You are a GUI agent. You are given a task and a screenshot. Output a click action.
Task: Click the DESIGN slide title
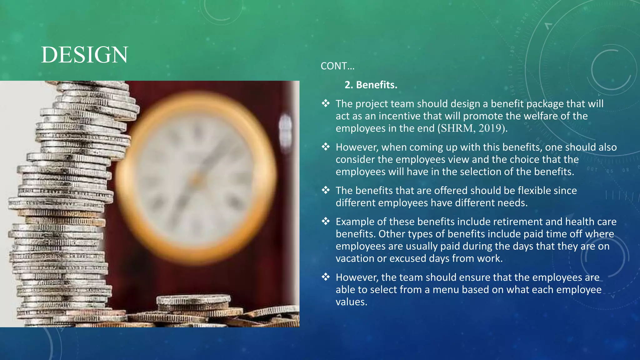point(84,55)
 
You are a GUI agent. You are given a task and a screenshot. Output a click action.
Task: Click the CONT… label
point(337,66)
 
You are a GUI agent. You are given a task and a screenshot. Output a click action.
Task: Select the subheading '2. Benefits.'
point(371,85)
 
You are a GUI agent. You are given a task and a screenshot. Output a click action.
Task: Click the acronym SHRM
point(457,128)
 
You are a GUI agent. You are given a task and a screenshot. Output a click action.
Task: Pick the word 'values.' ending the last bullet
point(351,302)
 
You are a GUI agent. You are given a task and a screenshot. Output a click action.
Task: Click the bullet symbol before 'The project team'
point(326,103)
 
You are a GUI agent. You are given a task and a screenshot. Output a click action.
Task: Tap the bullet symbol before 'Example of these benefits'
point(326,221)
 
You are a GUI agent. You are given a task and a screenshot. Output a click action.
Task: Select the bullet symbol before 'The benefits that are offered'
point(326,190)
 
